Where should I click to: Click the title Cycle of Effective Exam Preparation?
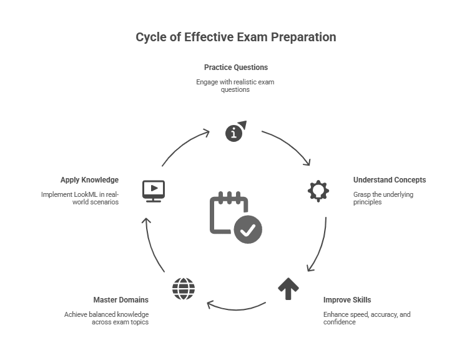click(235, 37)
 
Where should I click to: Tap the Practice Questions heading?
click(235, 67)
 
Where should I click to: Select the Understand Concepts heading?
click(390, 180)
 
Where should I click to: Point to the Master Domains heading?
click(121, 299)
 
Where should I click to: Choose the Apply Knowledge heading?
click(89, 180)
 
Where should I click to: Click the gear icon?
click(318, 190)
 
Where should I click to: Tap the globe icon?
click(183, 289)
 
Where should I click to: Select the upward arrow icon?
click(288, 289)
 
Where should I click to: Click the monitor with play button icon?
click(153, 190)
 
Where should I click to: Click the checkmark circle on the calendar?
click(248, 229)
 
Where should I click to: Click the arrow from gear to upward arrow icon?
click(319, 245)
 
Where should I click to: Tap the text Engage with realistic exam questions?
click(235, 86)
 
